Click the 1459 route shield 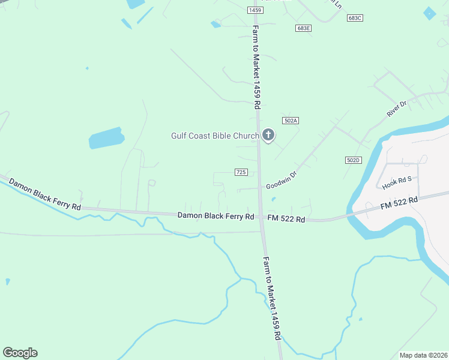255,11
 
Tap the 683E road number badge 303,28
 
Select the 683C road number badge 355,18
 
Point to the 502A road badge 291,121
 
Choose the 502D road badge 354,160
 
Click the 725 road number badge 241,172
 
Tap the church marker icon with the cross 268,136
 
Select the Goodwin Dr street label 282,179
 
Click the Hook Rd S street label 397,183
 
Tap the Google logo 20,353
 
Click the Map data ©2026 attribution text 423,355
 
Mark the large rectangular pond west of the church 106,138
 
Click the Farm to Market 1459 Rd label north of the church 256,66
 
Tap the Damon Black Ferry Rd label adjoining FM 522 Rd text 216,216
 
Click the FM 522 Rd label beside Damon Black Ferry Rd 286,219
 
